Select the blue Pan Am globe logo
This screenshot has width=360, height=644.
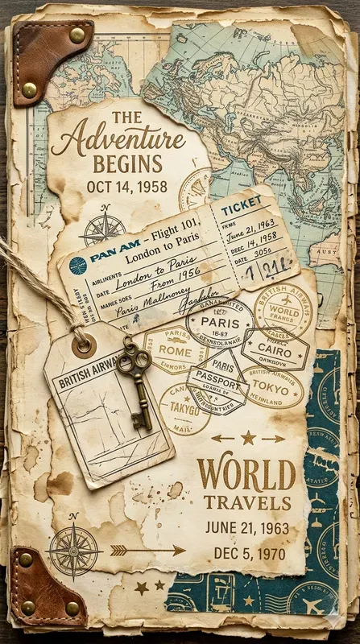click(x=78, y=266)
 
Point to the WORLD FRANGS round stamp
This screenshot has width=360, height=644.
click(x=283, y=310)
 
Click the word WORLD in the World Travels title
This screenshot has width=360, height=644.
click(x=246, y=474)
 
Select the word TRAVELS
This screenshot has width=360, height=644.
click(x=246, y=503)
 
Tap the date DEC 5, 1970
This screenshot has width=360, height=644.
click(x=246, y=553)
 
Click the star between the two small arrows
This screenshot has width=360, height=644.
click(x=247, y=438)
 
